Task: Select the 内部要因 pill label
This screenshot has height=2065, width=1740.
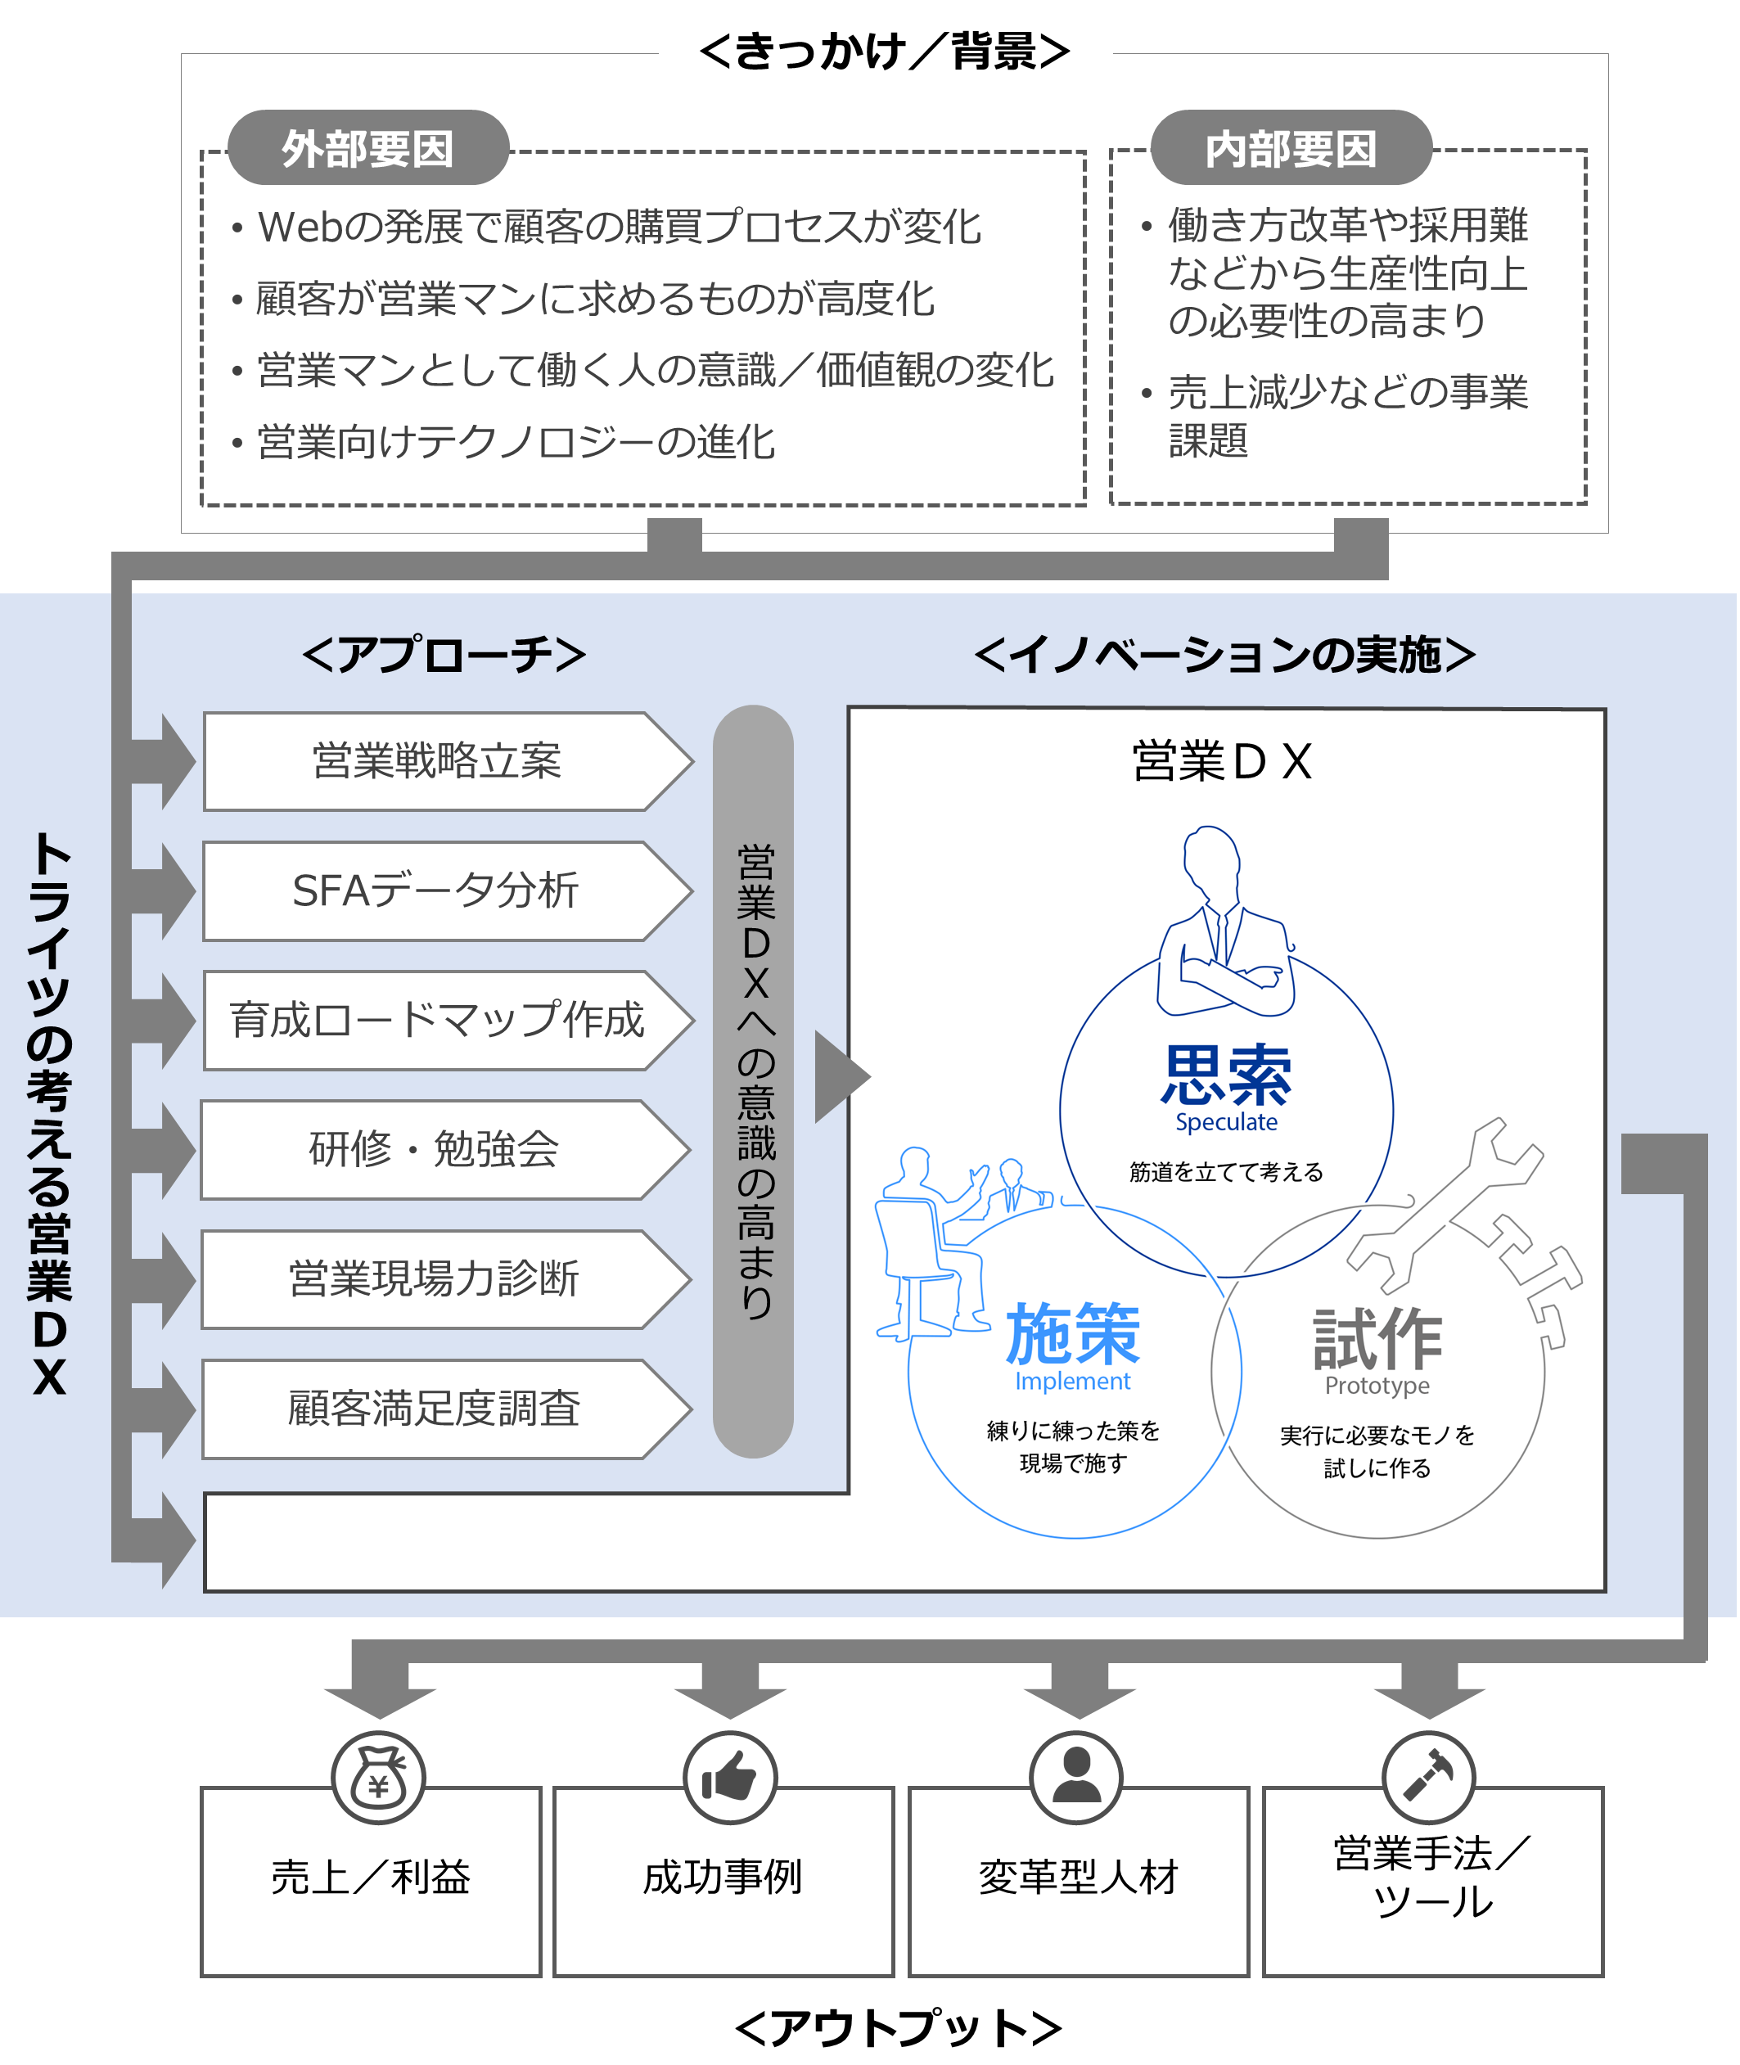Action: click(x=1291, y=148)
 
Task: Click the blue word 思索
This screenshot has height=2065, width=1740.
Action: click(x=1226, y=1075)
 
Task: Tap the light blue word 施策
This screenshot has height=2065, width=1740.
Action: click(x=1073, y=1333)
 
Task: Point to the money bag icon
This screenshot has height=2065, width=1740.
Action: click(x=379, y=1777)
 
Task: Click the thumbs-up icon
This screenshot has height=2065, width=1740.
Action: click(x=729, y=1777)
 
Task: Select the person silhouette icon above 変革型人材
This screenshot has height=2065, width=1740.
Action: click(x=1076, y=1777)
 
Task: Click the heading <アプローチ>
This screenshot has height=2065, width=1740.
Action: click(x=444, y=654)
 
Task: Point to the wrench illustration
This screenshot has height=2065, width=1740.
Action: click(x=1445, y=1205)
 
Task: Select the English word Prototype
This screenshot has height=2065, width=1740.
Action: click(x=1377, y=1386)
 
